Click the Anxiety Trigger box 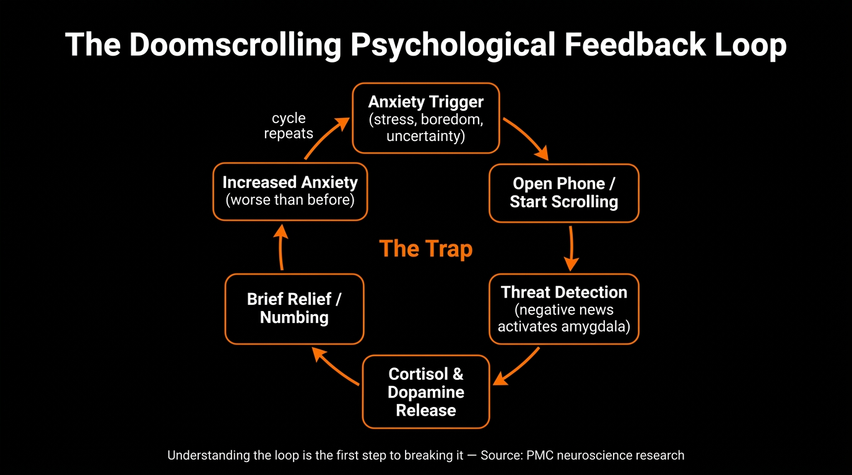click(x=426, y=118)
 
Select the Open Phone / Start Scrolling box click(x=563, y=193)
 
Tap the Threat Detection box click(x=563, y=309)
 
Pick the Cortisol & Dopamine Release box click(x=426, y=392)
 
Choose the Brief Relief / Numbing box click(x=294, y=309)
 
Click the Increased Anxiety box click(x=290, y=191)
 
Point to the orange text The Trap click(x=426, y=249)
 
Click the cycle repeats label click(x=289, y=126)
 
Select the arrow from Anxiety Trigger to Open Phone click(x=526, y=138)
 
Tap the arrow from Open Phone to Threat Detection click(x=571, y=248)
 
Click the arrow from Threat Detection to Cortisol click(x=516, y=367)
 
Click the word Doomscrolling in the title click(x=235, y=45)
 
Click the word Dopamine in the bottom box click(x=426, y=392)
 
